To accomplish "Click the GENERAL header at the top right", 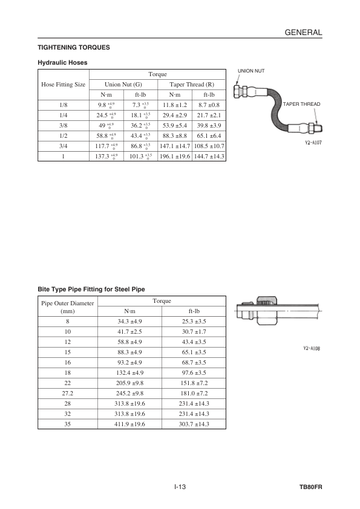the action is tap(304, 33).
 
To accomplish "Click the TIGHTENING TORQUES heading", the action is tap(74, 47).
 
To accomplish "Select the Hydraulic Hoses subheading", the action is tap(62, 63).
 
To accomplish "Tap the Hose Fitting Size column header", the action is tap(64, 85).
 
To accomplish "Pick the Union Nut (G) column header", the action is tap(123, 85).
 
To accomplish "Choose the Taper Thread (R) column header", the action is tap(192, 85).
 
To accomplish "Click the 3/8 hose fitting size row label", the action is tap(64, 125).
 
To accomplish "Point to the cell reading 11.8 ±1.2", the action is tap(175, 105).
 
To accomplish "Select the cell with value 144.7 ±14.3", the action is tap(209, 156).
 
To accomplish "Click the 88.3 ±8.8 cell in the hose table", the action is tap(175, 135).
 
